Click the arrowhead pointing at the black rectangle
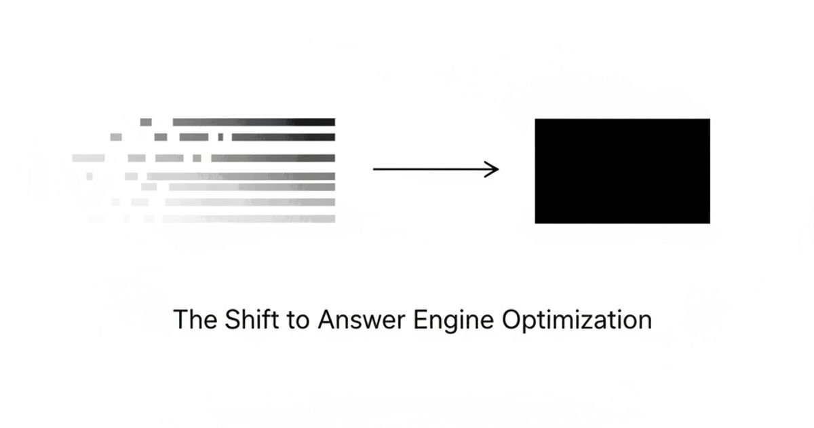(x=494, y=169)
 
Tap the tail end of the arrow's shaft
(x=375, y=169)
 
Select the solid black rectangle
(x=622, y=171)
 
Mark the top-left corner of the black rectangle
(x=536, y=120)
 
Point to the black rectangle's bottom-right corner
(x=709, y=222)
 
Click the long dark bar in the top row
(x=254, y=122)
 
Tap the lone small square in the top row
(x=146, y=122)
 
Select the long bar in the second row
(x=283, y=137)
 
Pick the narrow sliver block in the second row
(x=220, y=137)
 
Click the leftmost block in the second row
(x=116, y=137)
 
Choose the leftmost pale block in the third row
(x=89, y=158)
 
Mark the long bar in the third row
(x=273, y=158)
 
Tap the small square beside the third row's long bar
(x=197, y=158)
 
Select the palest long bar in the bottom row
(x=248, y=219)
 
